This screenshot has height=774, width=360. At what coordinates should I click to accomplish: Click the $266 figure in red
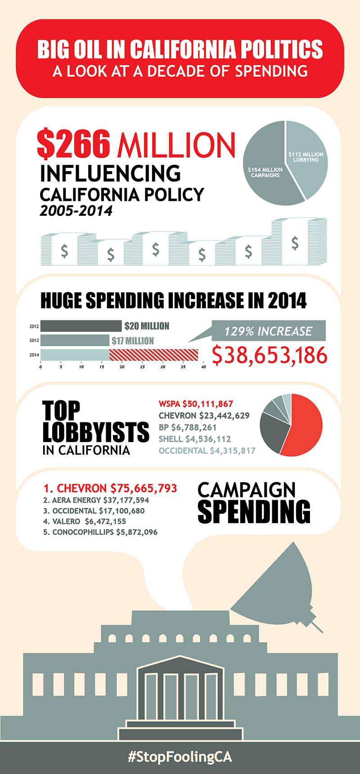74,144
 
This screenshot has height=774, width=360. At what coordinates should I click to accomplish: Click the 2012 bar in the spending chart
81,326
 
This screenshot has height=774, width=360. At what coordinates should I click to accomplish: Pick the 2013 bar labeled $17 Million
75,340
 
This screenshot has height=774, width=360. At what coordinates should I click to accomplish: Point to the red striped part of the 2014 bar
153,355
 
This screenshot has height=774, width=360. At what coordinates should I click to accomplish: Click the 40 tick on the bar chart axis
203,367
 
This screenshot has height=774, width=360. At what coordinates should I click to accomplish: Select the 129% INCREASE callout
268,331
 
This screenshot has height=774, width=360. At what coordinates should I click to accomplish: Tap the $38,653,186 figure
270,355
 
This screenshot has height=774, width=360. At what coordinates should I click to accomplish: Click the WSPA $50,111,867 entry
196,404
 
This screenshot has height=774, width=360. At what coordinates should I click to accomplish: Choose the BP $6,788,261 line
188,427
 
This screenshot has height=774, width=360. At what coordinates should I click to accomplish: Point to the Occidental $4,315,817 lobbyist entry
207,451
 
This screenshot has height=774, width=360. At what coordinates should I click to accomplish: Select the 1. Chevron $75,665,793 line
110,489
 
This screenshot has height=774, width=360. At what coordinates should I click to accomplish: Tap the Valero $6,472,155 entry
85,521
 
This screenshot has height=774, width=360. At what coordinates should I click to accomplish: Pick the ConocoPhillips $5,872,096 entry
100,532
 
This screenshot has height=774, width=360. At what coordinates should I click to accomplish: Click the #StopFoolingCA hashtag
180,757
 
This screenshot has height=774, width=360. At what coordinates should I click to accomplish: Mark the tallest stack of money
295,242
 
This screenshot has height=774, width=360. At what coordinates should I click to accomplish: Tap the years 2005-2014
76,211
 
